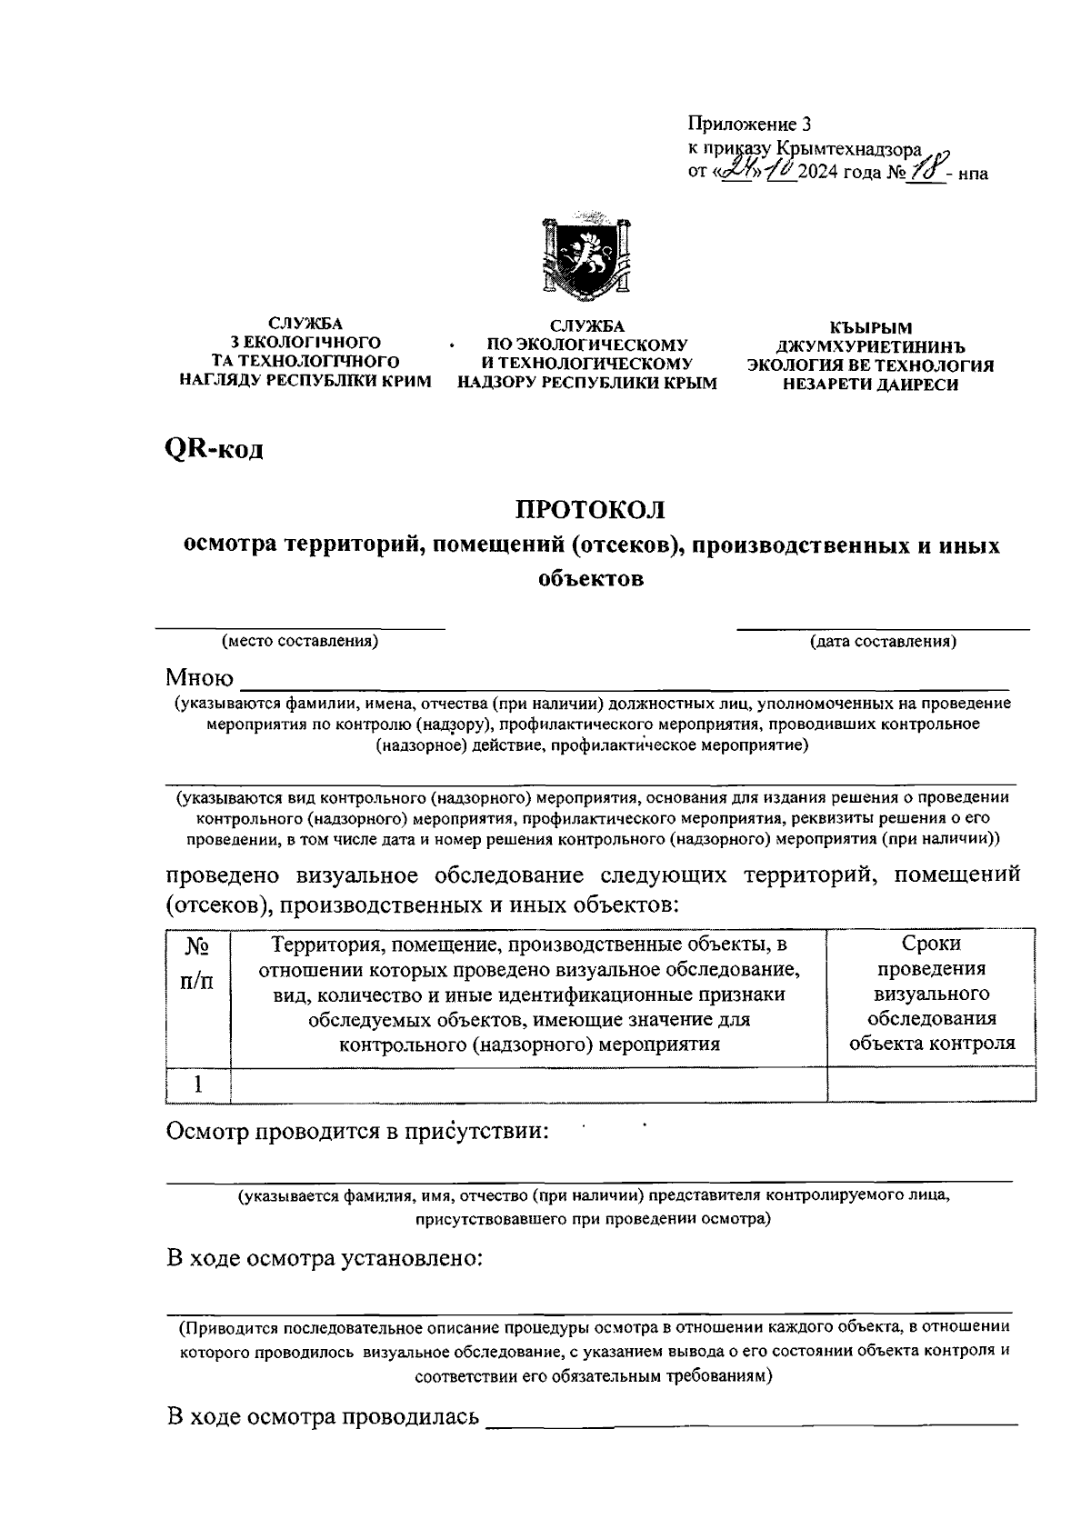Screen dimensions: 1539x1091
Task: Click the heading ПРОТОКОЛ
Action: click(x=591, y=508)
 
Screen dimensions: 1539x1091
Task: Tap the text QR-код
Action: click(x=215, y=448)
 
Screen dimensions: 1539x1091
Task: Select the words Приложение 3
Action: click(x=747, y=125)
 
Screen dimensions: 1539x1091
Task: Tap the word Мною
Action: click(x=199, y=678)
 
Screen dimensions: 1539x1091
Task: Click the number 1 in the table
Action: click(x=198, y=1084)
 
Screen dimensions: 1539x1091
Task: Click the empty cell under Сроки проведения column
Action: click(x=931, y=1084)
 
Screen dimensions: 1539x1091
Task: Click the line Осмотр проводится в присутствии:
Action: click(x=358, y=1132)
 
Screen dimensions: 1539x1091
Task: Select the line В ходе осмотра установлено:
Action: click(x=324, y=1259)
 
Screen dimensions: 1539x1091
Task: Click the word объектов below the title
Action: click(x=591, y=579)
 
